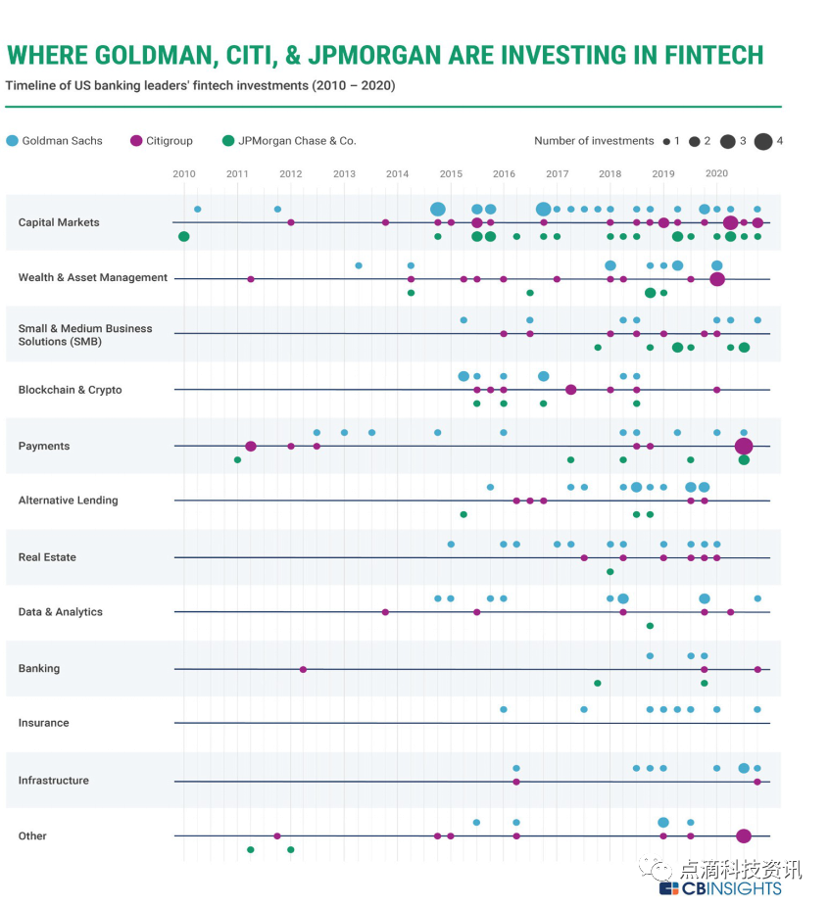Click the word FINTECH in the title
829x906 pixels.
click(x=702, y=55)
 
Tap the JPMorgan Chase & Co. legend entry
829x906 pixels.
click(x=289, y=141)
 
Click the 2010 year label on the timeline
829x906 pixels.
click(x=184, y=173)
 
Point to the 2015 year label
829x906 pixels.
click(x=451, y=173)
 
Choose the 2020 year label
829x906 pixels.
click(x=716, y=173)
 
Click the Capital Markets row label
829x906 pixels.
click(x=59, y=222)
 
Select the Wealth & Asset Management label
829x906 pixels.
click(x=93, y=278)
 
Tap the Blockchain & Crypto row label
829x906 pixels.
click(x=71, y=390)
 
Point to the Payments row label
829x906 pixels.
click(x=44, y=446)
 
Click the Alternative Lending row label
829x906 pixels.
click(x=68, y=501)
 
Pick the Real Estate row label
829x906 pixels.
click(x=47, y=557)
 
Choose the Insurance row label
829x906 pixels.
click(x=44, y=723)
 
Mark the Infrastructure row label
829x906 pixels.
click(x=54, y=781)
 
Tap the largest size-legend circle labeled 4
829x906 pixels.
click(x=763, y=141)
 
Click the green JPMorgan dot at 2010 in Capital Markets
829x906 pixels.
click(x=184, y=236)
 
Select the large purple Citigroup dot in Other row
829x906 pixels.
click(x=744, y=835)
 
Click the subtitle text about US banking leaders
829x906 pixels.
click(x=200, y=86)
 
